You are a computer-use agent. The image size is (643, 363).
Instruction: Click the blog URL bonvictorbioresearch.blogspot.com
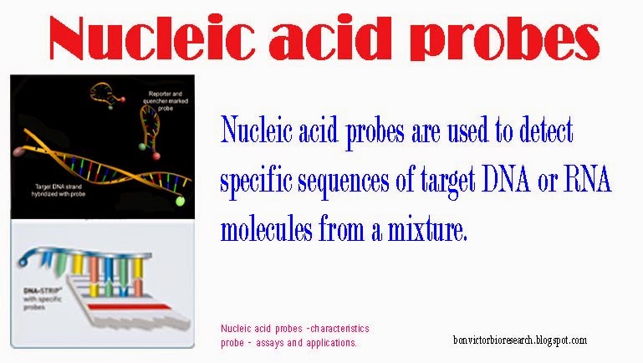(x=518, y=340)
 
